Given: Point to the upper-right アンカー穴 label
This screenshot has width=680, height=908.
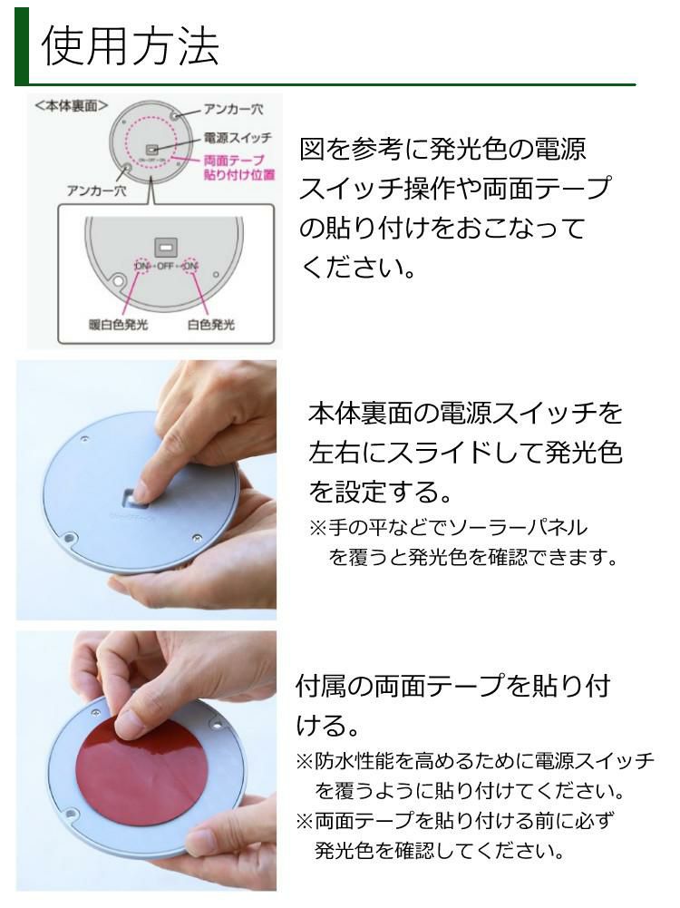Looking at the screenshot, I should pyautogui.click(x=232, y=109).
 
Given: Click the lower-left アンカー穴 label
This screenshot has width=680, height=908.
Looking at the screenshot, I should pyautogui.click(x=97, y=190).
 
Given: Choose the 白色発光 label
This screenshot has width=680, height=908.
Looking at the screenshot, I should pyautogui.click(x=210, y=324).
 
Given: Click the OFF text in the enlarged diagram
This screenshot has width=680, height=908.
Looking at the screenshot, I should pyautogui.click(x=166, y=266).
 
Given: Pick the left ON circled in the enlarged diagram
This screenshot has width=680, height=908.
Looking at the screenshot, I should pyautogui.click(x=142, y=266).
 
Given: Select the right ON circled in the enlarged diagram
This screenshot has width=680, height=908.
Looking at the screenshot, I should pyautogui.click(x=189, y=266).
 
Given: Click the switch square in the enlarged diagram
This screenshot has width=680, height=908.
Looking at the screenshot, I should pyautogui.click(x=165, y=245).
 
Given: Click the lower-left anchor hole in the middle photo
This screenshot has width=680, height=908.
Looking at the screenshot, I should pyautogui.click(x=70, y=539).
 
